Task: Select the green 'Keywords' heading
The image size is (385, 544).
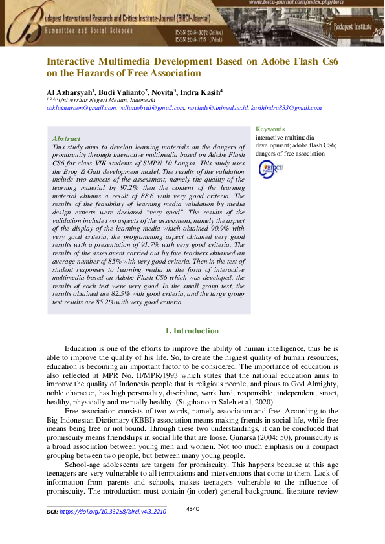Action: [270, 129]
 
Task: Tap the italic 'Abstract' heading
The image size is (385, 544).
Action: [66, 138]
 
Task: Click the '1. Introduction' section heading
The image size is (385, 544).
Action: [192, 331]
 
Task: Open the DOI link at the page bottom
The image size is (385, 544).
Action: [113, 511]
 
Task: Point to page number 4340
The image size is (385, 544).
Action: [193, 509]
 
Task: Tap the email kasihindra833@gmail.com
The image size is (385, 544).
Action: [286, 108]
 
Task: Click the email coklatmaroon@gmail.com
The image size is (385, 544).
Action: [81, 108]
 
